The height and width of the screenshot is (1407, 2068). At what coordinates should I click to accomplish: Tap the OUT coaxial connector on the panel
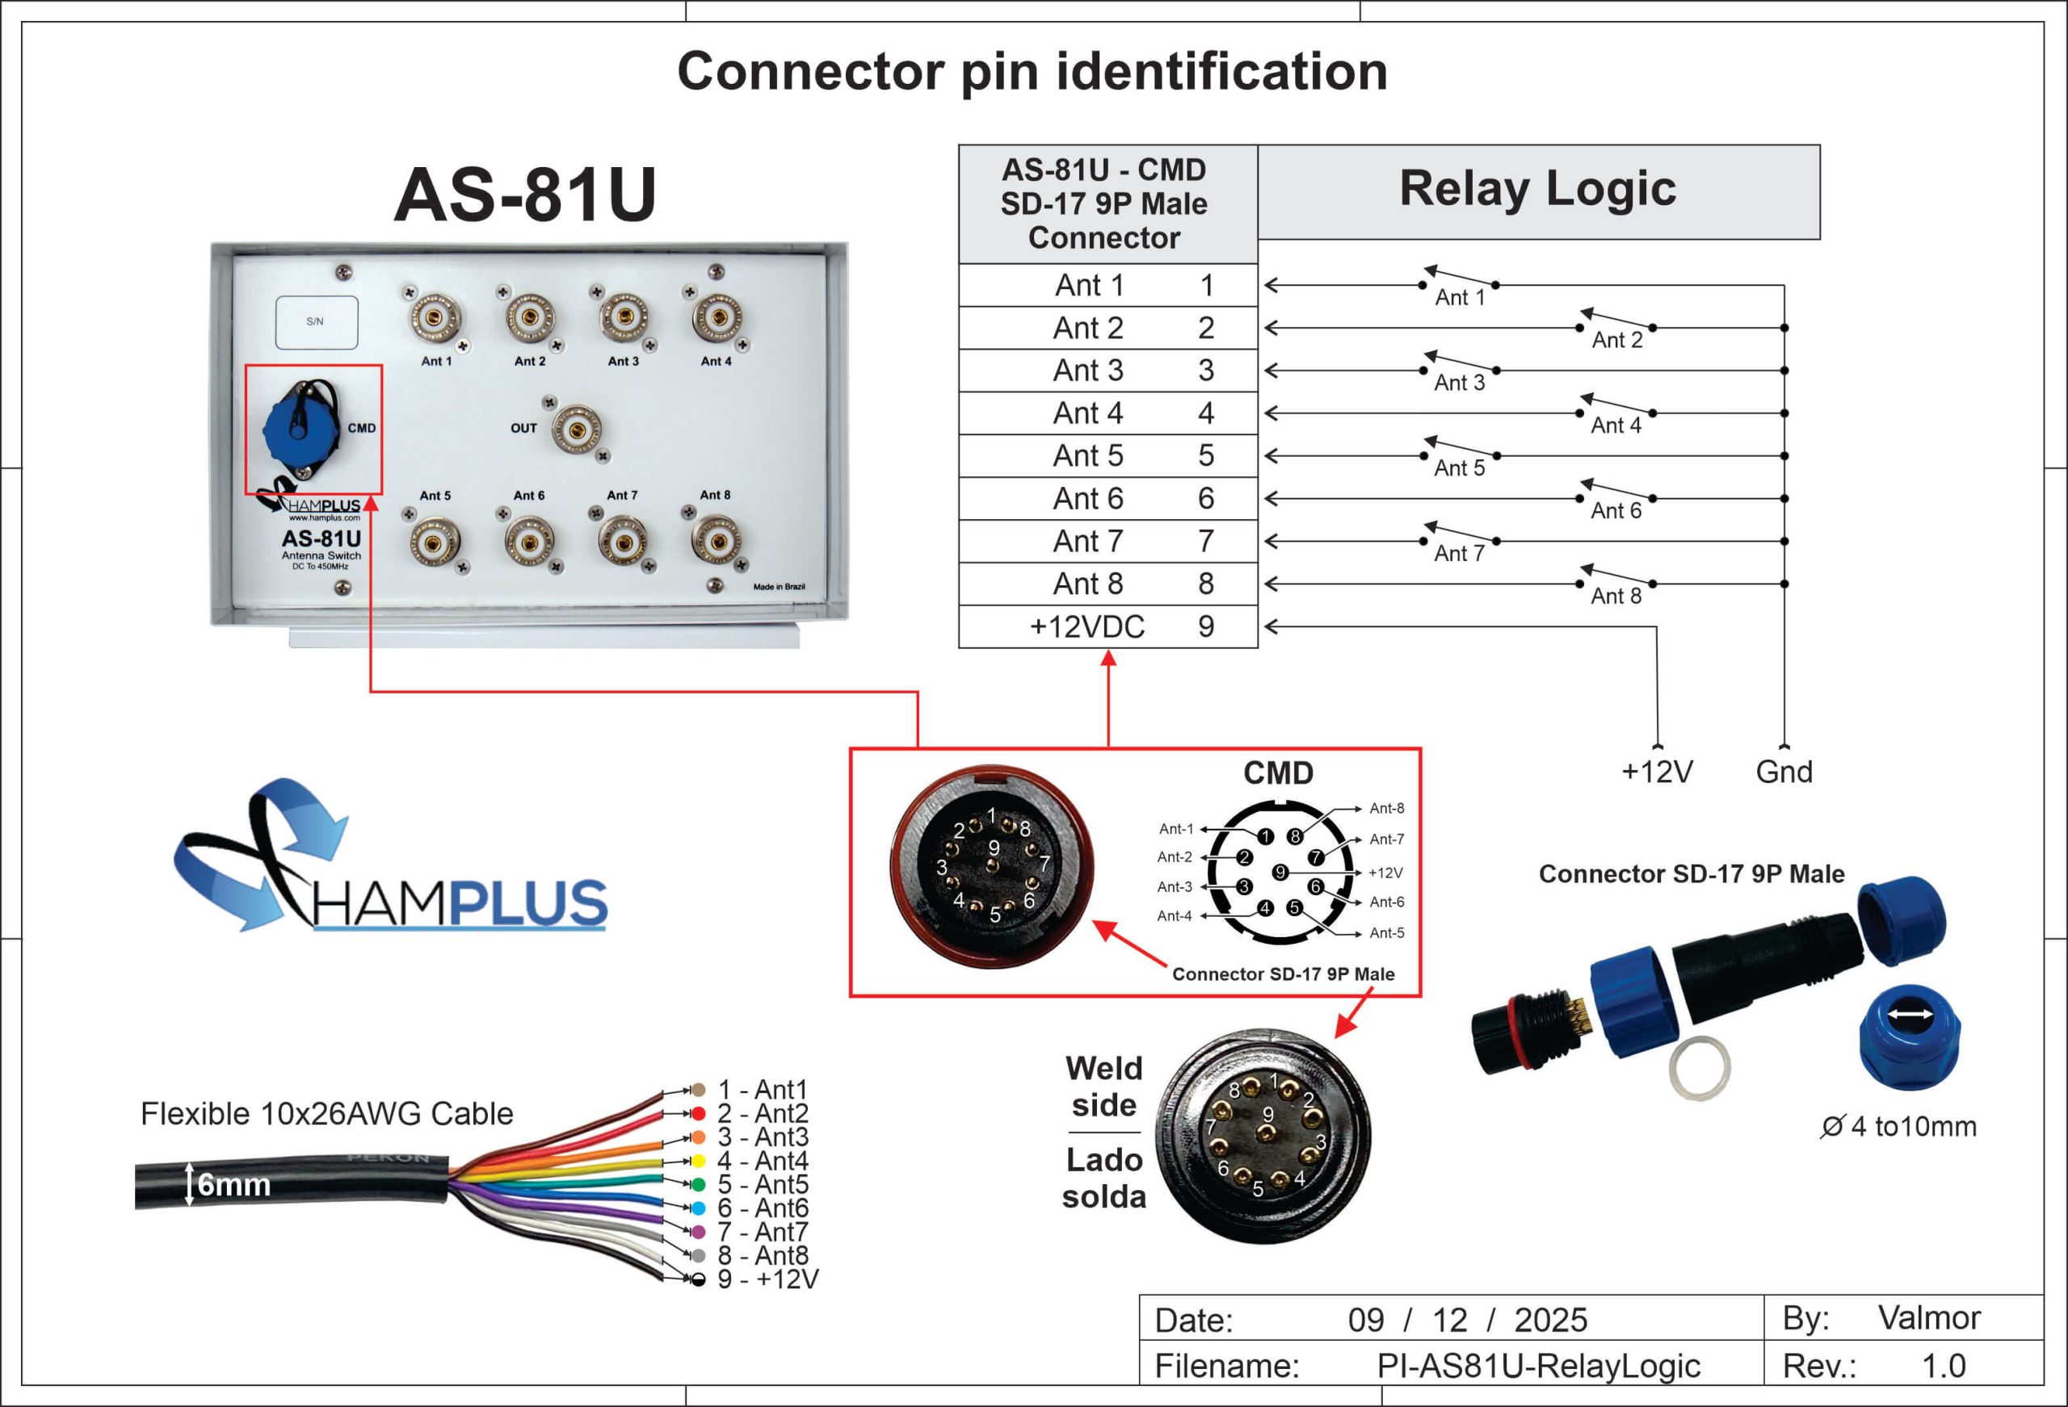(577, 429)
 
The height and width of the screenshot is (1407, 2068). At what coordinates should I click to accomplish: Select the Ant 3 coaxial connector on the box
(623, 316)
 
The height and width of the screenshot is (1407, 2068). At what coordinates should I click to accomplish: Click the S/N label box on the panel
(316, 322)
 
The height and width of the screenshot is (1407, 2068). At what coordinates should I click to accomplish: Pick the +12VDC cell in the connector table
(1087, 627)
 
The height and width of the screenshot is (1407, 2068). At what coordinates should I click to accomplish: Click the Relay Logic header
(1537, 190)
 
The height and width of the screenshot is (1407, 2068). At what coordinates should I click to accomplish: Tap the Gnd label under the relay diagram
(1784, 772)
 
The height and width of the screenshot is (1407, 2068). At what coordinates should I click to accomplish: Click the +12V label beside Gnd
(1657, 772)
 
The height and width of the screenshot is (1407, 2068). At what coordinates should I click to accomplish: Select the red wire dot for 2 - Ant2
(699, 1113)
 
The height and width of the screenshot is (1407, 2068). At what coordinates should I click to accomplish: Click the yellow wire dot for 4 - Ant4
(699, 1161)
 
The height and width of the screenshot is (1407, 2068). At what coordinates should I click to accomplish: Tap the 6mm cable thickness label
(233, 1185)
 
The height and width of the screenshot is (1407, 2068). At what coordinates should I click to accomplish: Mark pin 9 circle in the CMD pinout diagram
(1280, 873)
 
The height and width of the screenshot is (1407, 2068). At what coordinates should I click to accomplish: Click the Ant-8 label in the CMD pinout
(1386, 809)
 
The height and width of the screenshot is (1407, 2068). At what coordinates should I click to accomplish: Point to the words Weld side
(1103, 1087)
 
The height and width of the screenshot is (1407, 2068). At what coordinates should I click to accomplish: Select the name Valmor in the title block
(1929, 1318)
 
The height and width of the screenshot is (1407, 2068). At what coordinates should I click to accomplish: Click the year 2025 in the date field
(1551, 1321)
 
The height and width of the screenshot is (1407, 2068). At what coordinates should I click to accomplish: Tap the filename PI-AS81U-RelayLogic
(1539, 1366)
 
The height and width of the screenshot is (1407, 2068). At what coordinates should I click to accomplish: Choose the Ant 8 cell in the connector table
(1087, 584)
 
